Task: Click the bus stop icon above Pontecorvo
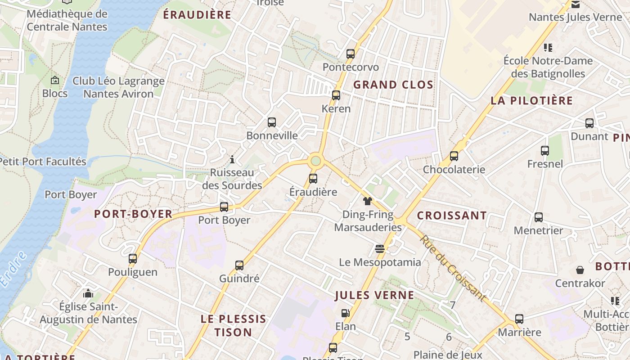coord(351,54)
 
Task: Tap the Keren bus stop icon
coord(336,95)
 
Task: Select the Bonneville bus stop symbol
coord(272,122)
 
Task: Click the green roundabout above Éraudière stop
coord(315,161)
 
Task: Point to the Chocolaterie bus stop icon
coord(454,156)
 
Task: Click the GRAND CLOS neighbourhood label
coord(393,85)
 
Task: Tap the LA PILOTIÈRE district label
coord(531,100)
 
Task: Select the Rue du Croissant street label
coord(453,269)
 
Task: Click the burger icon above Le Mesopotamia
coord(380,249)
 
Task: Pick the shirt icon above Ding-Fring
coord(368,201)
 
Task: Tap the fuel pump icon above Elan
coord(345,313)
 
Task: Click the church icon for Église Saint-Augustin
coord(88,294)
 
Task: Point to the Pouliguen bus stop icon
coord(133,259)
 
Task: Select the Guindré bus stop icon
coord(239,265)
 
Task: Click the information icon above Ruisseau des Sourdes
coord(232,159)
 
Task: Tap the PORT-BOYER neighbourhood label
coord(133,214)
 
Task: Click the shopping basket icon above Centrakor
coord(580,270)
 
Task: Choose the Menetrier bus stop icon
coord(538,217)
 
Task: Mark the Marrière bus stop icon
coord(519,319)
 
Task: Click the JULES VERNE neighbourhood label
coord(374,295)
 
